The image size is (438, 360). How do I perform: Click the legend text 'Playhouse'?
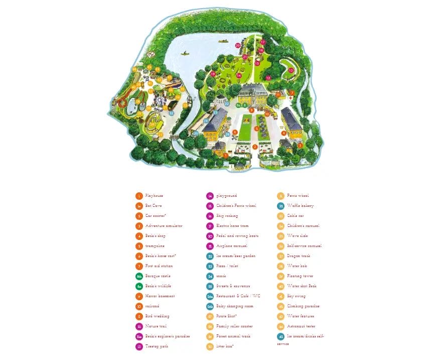(154, 196)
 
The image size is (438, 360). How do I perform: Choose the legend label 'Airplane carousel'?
(232, 246)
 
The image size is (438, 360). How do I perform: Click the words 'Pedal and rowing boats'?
(237, 236)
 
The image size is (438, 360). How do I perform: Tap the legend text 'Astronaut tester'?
(301, 326)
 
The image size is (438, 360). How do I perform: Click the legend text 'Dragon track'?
(298, 256)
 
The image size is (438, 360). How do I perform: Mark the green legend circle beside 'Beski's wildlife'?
(139, 286)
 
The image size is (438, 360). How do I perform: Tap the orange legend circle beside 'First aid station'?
(139, 266)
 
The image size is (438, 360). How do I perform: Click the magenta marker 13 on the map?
(291, 70)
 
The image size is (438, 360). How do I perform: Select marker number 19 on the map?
(213, 74)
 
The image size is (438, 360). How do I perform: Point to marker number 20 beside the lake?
(238, 45)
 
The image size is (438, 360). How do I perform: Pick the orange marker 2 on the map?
(255, 147)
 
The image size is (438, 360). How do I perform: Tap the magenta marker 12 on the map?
(268, 78)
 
